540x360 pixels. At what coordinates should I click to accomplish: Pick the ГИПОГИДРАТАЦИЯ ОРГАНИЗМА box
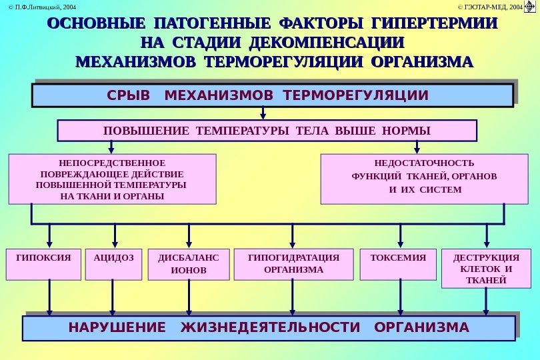point(293,264)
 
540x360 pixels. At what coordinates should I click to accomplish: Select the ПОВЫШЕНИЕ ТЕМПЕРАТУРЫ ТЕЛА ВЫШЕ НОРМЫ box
point(267,131)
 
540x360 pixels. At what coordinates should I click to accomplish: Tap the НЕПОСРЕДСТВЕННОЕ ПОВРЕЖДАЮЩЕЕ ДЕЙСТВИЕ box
point(113,179)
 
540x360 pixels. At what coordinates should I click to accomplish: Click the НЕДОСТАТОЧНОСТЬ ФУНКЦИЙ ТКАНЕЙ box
point(424,179)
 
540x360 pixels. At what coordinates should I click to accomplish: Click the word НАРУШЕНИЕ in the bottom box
point(117,328)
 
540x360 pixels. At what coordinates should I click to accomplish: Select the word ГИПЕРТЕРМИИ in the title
point(434,23)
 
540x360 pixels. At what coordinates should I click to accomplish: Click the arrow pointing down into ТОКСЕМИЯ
point(400,235)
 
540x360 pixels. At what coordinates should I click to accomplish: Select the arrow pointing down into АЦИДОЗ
point(115,235)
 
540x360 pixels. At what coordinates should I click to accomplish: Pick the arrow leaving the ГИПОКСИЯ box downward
point(49,297)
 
